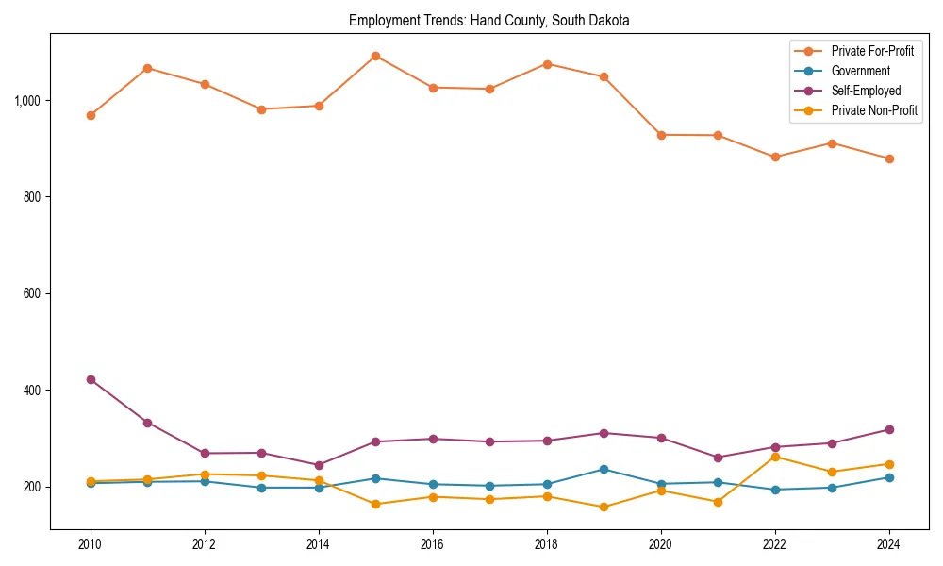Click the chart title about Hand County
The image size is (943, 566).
tap(488, 20)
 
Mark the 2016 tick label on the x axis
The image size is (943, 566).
tap(433, 544)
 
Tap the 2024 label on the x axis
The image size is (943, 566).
tap(889, 544)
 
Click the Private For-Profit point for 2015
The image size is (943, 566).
tap(375, 56)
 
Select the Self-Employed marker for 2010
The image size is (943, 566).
tap(91, 379)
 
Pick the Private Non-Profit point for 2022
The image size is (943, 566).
tap(775, 457)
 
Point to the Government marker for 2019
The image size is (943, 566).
tap(604, 469)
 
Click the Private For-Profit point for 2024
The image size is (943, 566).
tap(889, 158)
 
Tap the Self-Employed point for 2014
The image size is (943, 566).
tap(319, 465)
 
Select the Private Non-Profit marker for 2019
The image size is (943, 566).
tap(604, 507)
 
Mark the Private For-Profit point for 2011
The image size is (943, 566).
tap(147, 68)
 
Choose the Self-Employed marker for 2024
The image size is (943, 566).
tap(889, 429)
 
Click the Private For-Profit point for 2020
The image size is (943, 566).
tap(661, 135)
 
